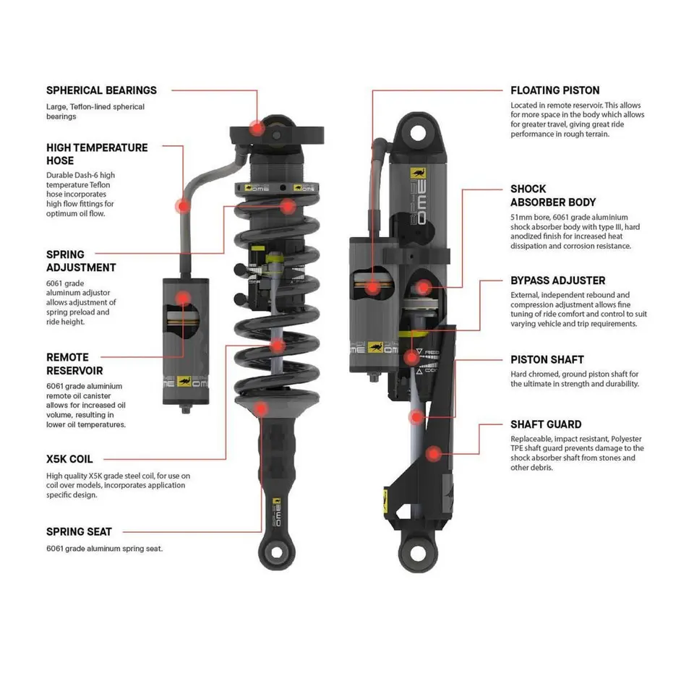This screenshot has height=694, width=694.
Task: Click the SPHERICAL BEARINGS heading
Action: (101, 90)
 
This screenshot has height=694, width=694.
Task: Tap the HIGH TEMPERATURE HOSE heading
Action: (97, 154)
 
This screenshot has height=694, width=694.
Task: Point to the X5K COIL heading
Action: (69, 458)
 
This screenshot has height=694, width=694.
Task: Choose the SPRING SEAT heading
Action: (79, 531)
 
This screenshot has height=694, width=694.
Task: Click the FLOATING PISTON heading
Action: (554, 90)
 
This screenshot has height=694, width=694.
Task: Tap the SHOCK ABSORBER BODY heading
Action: (553, 195)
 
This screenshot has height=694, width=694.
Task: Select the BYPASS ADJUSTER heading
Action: (557, 280)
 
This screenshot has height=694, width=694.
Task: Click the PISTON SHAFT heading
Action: (547, 359)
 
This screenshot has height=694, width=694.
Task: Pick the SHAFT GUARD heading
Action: (546, 424)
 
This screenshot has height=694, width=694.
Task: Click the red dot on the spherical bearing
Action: (256, 128)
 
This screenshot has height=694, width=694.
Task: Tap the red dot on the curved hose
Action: (183, 205)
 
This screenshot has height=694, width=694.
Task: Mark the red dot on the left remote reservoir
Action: (183, 297)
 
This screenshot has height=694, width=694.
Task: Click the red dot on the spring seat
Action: (262, 408)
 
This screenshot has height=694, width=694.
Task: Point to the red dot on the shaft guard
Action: (433, 454)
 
